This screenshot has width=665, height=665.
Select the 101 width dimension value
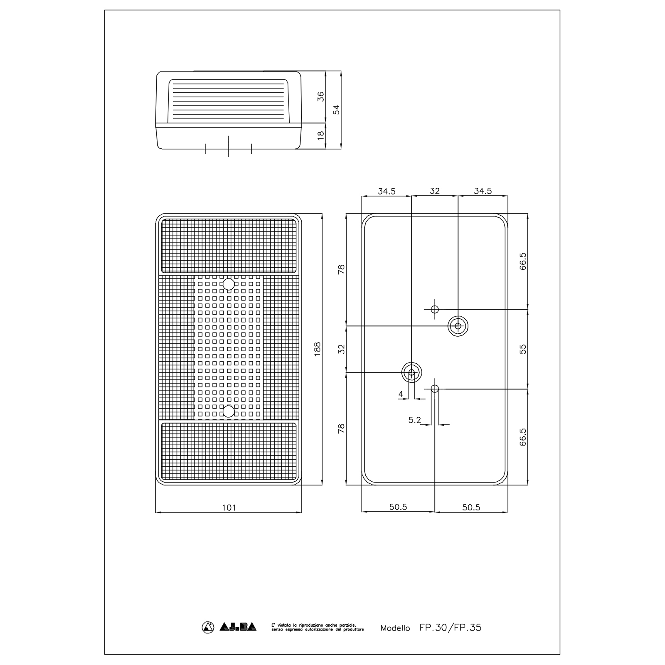tap(229, 507)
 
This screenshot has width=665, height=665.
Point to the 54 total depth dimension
tap(336, 109)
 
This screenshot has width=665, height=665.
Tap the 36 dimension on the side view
tap(320, 96)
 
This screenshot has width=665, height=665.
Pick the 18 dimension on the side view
tap(320, 135)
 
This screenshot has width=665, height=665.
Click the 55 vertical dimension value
tap(523, 349)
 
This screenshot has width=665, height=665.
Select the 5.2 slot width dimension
tap(414, 420)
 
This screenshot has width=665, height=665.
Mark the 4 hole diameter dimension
tap(401, 394)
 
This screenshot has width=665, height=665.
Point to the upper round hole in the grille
tap(229, 284)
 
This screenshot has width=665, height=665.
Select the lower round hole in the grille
tap(229, 411)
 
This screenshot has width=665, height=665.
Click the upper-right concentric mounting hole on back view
tap(458, 326)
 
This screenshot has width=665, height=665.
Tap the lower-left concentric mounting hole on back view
tap(411, 372)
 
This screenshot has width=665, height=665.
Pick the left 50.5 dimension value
tap(398, 507)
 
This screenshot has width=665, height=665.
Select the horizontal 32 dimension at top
tap(434, 191)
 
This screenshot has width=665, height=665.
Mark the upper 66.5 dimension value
tap(523, 261)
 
